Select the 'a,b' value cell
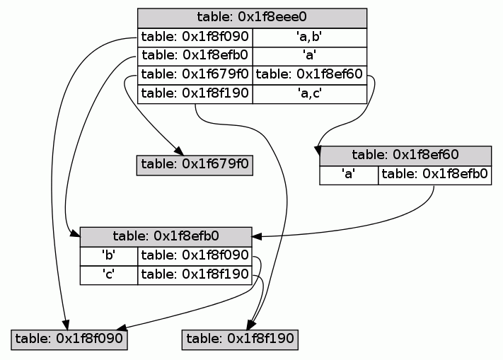point(309,37)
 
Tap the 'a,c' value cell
point(309,93)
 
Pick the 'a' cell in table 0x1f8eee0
point(309,56)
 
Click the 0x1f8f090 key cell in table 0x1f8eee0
point(195,37)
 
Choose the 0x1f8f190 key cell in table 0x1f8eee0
point(195,93)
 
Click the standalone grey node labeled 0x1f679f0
point(195,164)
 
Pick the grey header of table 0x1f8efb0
point(166,237)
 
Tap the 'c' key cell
point(109,274)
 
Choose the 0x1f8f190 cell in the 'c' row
point(195,274)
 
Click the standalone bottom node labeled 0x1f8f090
point(69,339)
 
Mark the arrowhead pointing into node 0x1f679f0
point(180,151)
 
